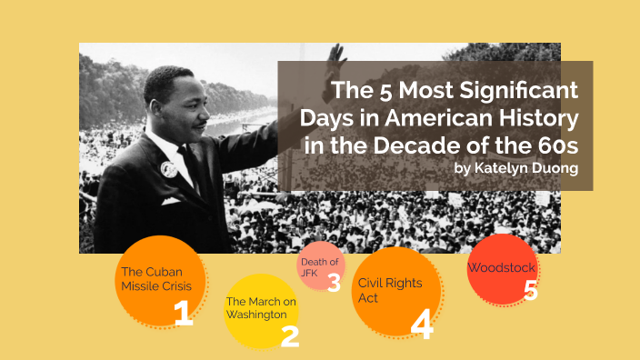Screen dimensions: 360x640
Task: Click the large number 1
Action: point(183,313)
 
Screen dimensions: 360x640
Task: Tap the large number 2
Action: point(289,336)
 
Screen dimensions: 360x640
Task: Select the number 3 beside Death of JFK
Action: point(334,283)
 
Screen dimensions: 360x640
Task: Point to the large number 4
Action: point(421,325)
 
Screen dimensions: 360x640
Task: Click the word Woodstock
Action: point(501,268)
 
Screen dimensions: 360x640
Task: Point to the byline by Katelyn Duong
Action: point(515,168)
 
